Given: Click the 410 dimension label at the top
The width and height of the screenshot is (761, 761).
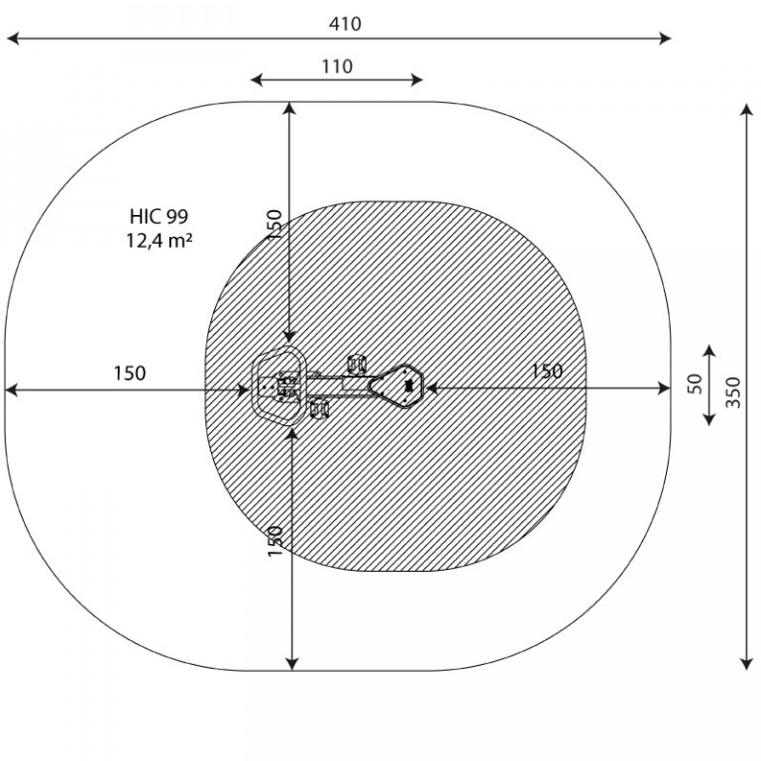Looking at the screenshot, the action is tap(345, 24).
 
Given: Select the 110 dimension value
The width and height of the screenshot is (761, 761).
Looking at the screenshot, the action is tap(337, 66).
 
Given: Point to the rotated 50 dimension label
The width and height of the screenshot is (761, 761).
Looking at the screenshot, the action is tap(695, 383).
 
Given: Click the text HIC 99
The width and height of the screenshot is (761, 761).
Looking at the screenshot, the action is tap(159, 216).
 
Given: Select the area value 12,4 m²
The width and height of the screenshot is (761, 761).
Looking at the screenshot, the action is tap(160, 240).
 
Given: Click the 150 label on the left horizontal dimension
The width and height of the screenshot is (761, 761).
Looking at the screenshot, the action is tap(130, 374).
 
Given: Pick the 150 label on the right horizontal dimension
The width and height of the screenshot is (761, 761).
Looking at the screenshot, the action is tap(547, 372).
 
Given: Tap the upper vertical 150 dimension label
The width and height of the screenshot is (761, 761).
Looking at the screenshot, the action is tap(274, 224).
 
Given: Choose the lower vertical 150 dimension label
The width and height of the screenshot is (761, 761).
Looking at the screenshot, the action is tap(275, 541).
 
